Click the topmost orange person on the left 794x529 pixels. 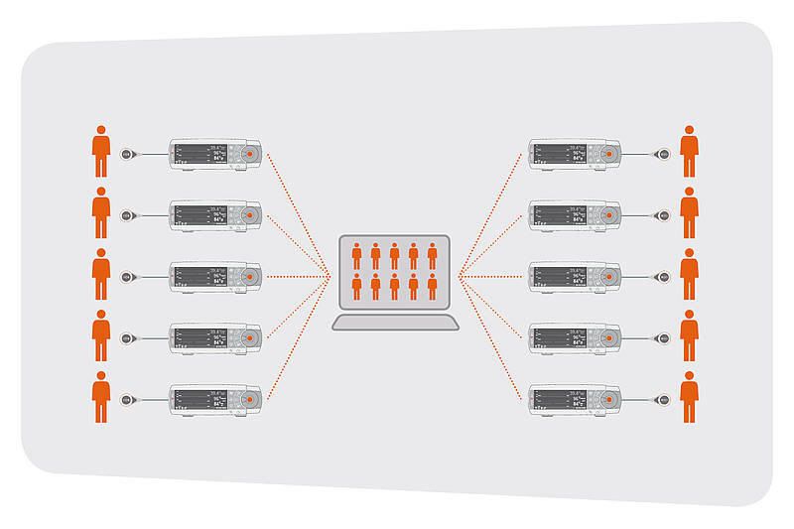click(x=100, y=152)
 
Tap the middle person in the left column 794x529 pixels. click(x=100, y=275)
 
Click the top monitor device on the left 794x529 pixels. click(x=215, y=154)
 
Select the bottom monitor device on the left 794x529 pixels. click(x=215, y=399)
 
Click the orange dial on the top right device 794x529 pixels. click(x=607, y=154)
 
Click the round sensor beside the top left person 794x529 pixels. click(x=126, y=154)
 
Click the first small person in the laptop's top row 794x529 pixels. click(x=357, y=256)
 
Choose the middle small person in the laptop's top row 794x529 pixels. click(x=395, y=256)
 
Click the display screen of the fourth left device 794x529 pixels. click(x=194, y=337)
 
